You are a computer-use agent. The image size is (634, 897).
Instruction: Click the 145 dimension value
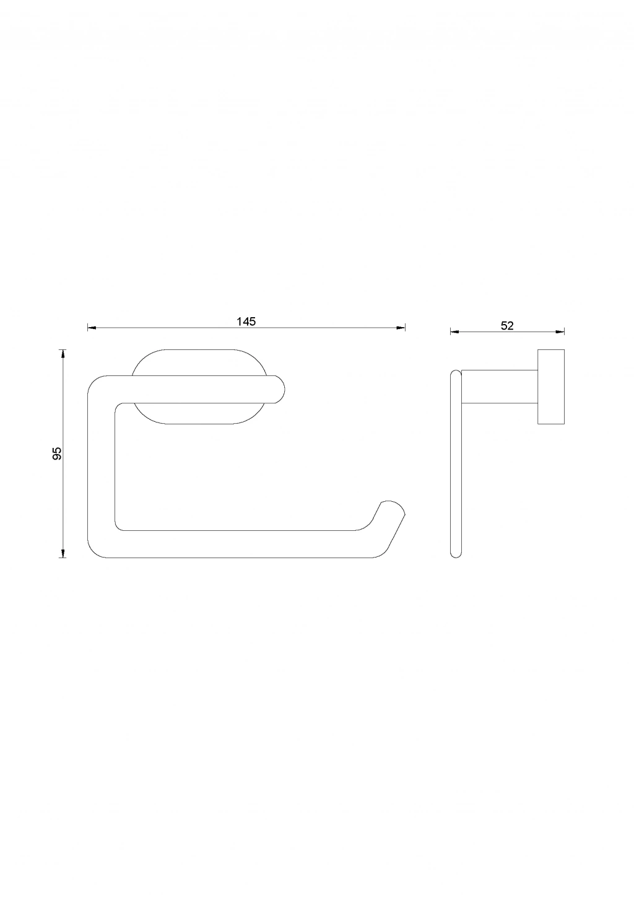[x=246, y=321]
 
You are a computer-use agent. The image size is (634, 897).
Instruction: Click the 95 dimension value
[x=57, y=453]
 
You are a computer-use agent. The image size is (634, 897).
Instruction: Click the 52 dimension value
[x=507, y=326]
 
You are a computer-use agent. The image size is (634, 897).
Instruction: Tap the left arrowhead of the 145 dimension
[x=92, y=328]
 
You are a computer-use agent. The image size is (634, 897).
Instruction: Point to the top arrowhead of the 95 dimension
[x=62, y=354]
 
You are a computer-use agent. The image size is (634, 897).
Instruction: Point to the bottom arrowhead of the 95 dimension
[x=62, y=553]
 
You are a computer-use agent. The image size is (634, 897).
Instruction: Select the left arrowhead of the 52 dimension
[x=454, y=331]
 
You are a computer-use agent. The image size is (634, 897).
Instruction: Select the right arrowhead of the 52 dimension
[x=560, y=331]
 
